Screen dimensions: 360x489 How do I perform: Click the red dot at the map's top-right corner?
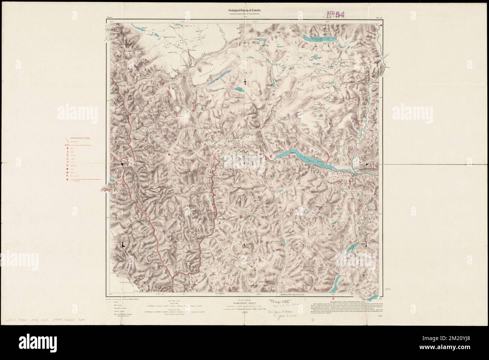tap(381, 26)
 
